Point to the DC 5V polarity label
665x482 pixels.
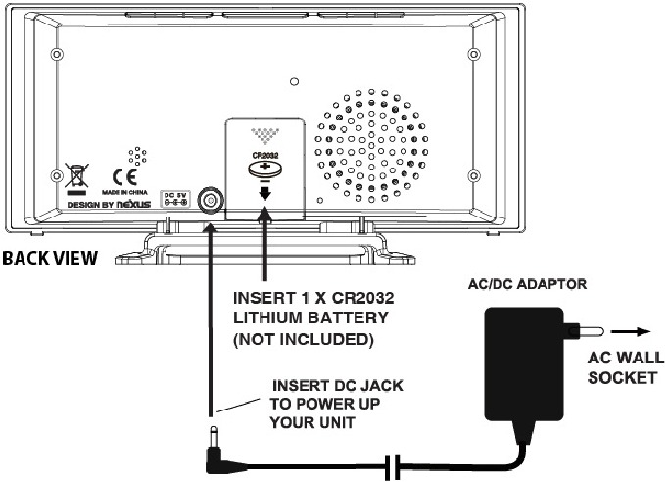(x=171, y=198)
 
